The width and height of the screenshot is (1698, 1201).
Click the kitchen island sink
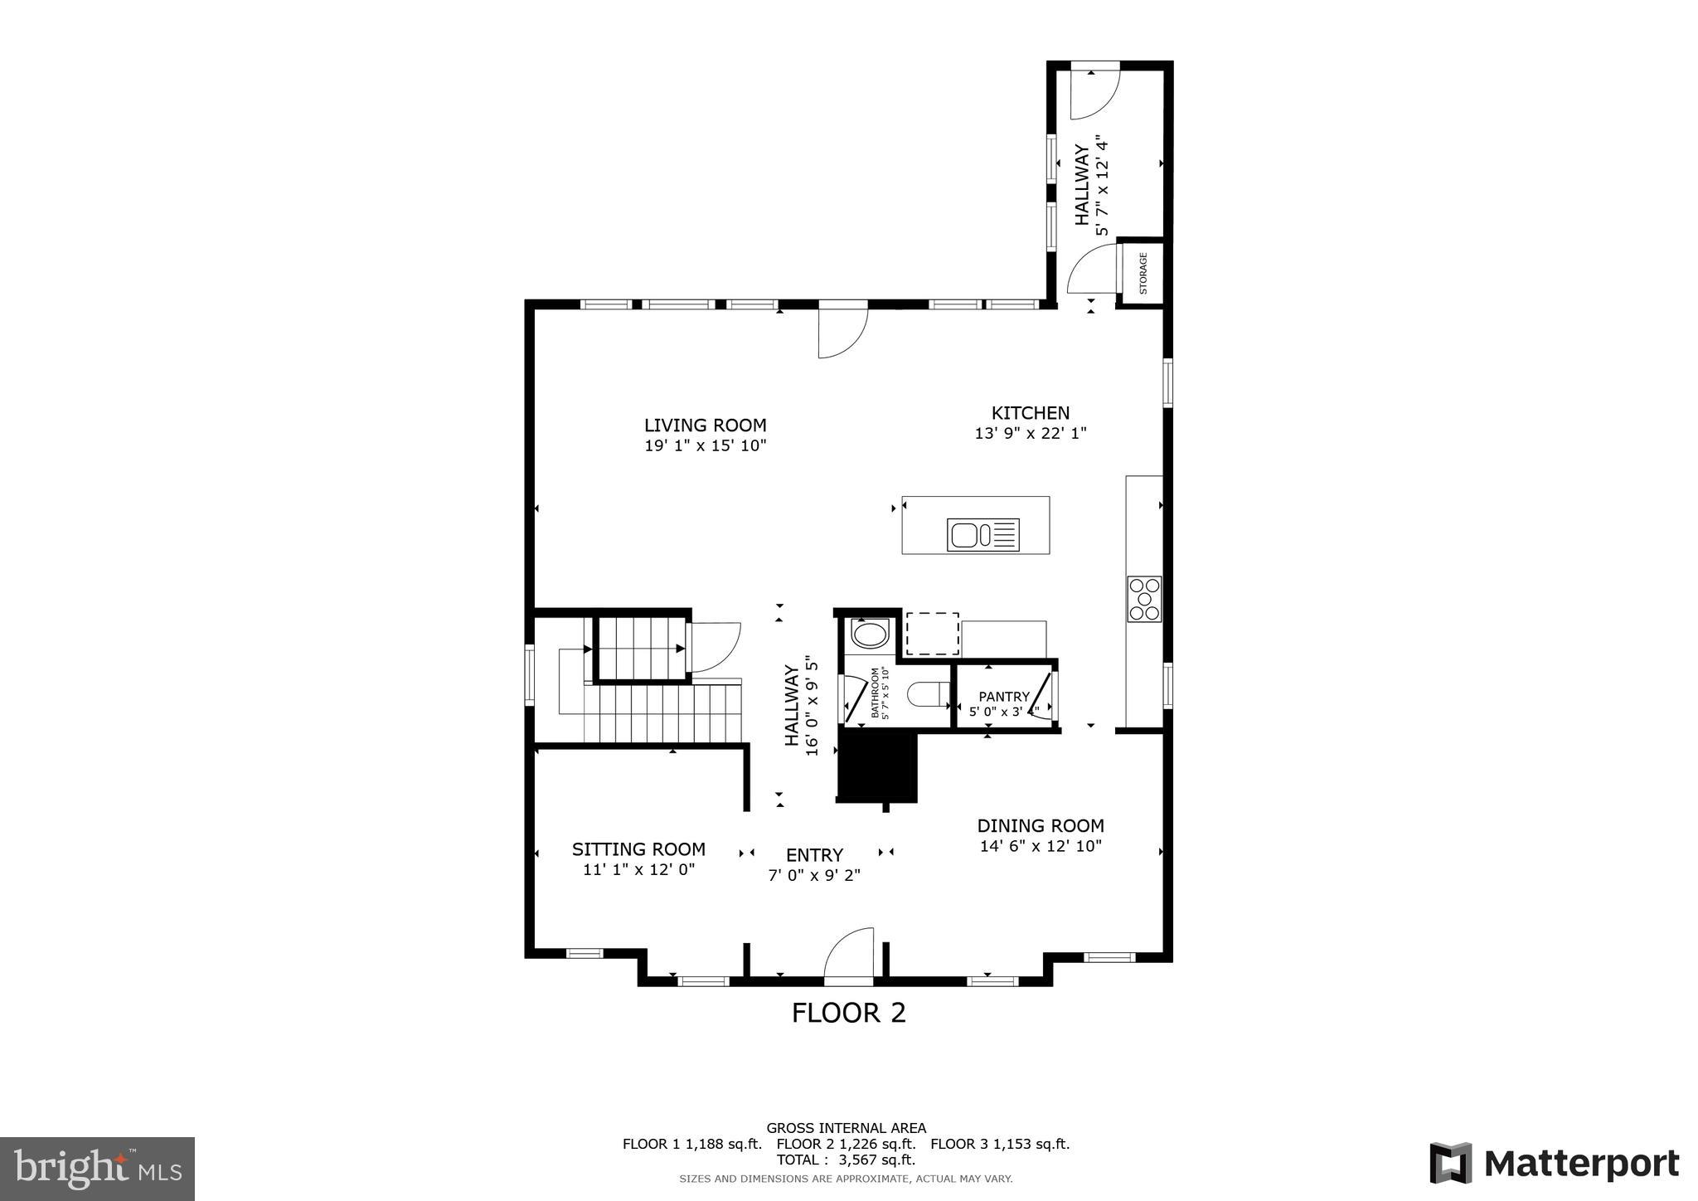click(982, 534)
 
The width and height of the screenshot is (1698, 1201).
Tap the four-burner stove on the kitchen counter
click(1144, 599)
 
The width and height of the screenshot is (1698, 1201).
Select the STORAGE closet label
click(1143, 274)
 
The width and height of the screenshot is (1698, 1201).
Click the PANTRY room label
click(1003, 697)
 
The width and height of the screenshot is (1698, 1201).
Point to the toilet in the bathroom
click(928, 693)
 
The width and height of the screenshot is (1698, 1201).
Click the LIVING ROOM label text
click(705, 425)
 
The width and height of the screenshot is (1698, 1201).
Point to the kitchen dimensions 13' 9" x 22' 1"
click(1030, 433)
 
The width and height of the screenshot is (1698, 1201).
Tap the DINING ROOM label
click(1040, 826)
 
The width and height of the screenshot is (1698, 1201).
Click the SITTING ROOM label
click(638, 849)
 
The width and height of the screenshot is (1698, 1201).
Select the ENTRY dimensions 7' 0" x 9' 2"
click(813, 875)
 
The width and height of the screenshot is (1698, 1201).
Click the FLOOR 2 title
click(848, 1013)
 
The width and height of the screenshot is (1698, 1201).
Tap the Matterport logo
click(1554, 1164)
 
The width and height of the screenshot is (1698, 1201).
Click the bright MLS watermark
click(97, 1169)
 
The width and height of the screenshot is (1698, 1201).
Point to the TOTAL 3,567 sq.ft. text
click(846, 1160)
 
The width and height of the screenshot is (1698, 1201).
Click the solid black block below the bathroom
click(877, 766)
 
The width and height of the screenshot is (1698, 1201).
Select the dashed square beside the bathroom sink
click(932, 635)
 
